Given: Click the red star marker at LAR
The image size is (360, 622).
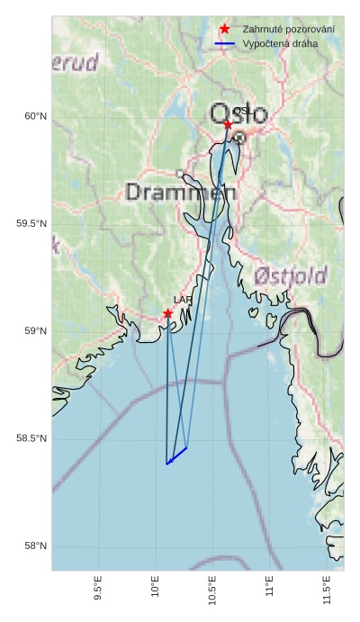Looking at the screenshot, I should point(168,313).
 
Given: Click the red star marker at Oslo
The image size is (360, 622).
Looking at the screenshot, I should point(228,124).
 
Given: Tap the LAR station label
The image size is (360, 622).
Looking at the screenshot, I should point(183,300).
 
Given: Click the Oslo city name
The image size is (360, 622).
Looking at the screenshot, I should point(238,114).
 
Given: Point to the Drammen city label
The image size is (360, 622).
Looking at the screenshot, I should point(181,192).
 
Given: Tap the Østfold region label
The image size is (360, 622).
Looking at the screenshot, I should point(290,275).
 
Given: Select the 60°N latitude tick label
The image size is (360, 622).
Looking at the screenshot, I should point(35,115).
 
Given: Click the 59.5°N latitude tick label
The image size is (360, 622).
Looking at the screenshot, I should point(31,223).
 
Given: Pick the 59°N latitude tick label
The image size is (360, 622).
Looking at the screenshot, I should point(35,331).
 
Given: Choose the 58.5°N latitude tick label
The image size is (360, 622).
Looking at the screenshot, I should point(31,438).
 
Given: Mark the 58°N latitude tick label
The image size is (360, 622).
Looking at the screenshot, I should point(35,546).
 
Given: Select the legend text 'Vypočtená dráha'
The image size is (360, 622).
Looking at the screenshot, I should point(280,43).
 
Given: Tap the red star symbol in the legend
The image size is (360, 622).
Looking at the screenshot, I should point(224,30).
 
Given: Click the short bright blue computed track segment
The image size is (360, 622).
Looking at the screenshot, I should point(176,455).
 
